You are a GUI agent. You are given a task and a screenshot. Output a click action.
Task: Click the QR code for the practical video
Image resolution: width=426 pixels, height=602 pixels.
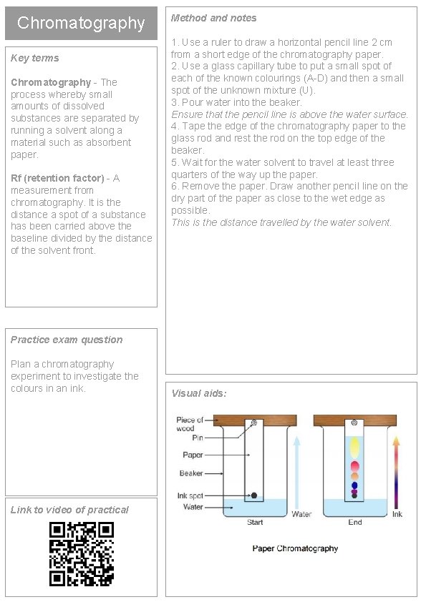[82, 553]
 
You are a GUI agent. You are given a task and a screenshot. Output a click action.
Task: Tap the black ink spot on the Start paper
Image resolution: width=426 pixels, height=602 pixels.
[253, 495]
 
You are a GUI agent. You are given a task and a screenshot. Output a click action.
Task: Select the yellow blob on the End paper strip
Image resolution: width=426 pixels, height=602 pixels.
[355, 448]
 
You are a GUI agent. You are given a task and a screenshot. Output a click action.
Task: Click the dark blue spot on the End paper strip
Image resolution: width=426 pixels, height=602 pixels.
[354, 485]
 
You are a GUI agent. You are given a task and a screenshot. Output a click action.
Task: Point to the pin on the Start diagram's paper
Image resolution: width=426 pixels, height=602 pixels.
[253, 423]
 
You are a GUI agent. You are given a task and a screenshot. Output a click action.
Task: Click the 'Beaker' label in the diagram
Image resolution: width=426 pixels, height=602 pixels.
[191, 473]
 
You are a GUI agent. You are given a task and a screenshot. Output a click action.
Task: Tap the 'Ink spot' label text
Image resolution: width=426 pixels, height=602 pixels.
[190, 495]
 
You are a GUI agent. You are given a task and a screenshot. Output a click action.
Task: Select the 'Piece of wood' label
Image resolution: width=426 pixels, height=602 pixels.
[190, 424]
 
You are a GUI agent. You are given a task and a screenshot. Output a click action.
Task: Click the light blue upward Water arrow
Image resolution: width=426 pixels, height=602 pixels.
[296, 472]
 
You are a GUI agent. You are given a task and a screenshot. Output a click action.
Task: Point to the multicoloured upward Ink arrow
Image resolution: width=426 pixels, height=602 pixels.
[396, 473]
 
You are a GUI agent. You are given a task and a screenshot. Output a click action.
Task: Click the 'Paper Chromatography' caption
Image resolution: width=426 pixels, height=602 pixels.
[295, 548]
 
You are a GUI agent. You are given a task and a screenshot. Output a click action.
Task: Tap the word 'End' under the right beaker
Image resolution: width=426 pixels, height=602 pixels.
[355, 522]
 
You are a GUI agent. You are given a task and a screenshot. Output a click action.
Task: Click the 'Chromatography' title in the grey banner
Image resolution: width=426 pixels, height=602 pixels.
[81, 23]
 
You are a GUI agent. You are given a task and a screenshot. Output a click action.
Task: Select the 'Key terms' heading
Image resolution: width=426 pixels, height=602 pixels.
[35, 58]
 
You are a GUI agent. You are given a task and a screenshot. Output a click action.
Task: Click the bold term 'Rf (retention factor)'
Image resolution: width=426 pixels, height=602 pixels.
[57, 178]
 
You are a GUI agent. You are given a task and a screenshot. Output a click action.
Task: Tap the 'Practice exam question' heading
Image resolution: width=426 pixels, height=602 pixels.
[67, 340]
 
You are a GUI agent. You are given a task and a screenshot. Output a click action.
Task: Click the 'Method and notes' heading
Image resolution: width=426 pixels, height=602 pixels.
[214, 18]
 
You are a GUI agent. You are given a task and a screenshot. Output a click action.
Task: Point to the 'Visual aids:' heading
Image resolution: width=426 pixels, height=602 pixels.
[199, 393]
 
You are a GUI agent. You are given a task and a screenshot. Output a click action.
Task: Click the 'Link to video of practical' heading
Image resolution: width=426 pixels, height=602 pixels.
[69, 510]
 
